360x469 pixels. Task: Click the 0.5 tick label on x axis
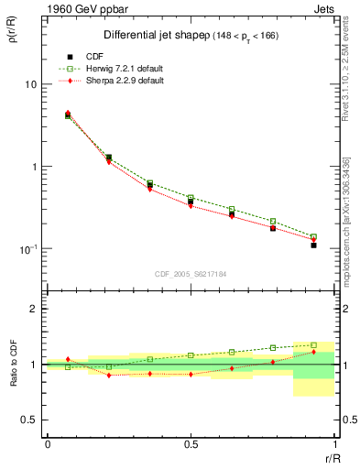191,444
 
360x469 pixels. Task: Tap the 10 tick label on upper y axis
29,84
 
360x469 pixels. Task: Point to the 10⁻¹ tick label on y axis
27,249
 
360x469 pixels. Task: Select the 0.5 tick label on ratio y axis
27,420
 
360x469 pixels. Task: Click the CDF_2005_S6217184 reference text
191,273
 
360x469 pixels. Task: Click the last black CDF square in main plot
313,245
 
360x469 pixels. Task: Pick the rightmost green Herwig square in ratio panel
313,345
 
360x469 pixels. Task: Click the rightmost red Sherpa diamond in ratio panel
313,352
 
